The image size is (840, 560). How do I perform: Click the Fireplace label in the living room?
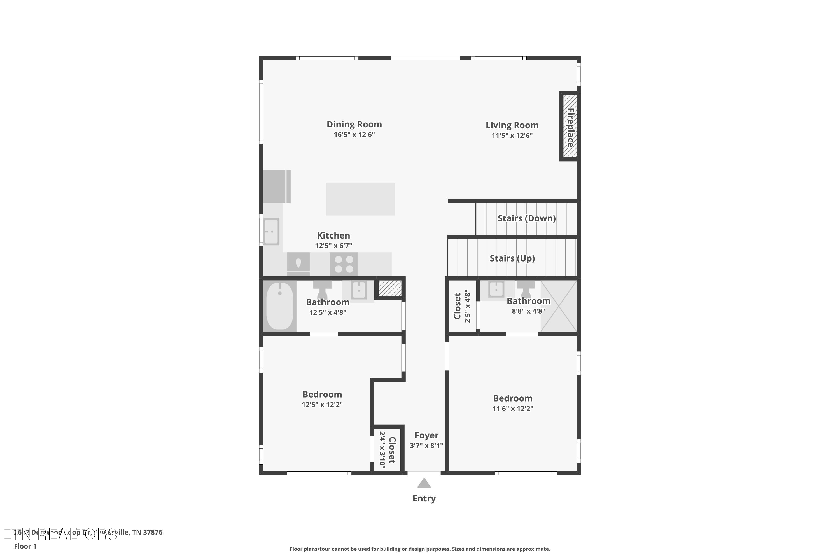click(570, 127)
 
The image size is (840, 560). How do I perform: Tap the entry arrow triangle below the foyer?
click(424, 483)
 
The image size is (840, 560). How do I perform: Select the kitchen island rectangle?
click(360, 199)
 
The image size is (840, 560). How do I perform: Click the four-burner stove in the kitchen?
click(344, 264)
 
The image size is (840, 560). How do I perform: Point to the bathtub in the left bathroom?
click(280, 306)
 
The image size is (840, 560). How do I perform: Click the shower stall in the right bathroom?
click(559, 306)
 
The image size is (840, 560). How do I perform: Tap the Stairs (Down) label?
click(526, 218)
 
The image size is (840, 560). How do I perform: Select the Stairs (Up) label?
click(512, 258)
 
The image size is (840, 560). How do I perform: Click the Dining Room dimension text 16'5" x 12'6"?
click(354, 135)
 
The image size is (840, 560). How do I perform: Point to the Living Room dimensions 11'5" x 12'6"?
click(512, 135)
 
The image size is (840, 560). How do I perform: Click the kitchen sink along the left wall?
click(271, 232)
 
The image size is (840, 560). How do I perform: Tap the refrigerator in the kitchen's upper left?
click(276, 186)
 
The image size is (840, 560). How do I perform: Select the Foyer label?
click(426, 435)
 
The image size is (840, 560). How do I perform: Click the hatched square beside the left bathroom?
click(390, 288)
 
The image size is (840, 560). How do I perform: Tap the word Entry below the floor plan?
click(424, 499)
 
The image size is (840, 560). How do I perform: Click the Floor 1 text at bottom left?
click(25, 546)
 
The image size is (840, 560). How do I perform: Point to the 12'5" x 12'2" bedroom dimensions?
click(322, 405)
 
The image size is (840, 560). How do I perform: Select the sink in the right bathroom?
click(496, 289)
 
